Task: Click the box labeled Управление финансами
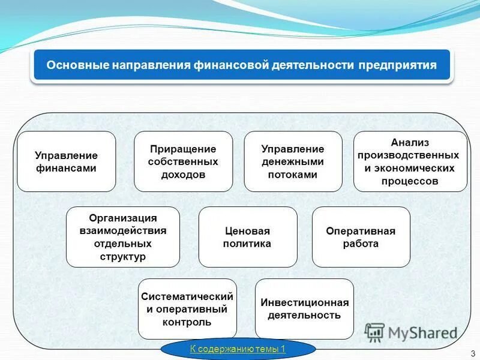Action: point(66,161)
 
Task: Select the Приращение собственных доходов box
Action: point(183,161)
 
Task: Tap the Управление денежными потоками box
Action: point(293,161)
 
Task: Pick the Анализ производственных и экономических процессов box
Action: point(410,161)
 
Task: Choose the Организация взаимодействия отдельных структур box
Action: point(123,236)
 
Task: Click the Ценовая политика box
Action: point(247,237)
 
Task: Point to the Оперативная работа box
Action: point(361,237)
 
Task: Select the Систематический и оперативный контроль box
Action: point(187,309)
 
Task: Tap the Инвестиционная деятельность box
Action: point(304,308)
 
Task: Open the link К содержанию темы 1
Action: point(238,349)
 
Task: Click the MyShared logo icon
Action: point(374,332)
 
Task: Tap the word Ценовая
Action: point(247,231)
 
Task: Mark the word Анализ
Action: point(410,142)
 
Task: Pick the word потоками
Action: point(293,175)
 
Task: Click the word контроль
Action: point(187,322)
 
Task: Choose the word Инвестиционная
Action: point(304,302)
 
